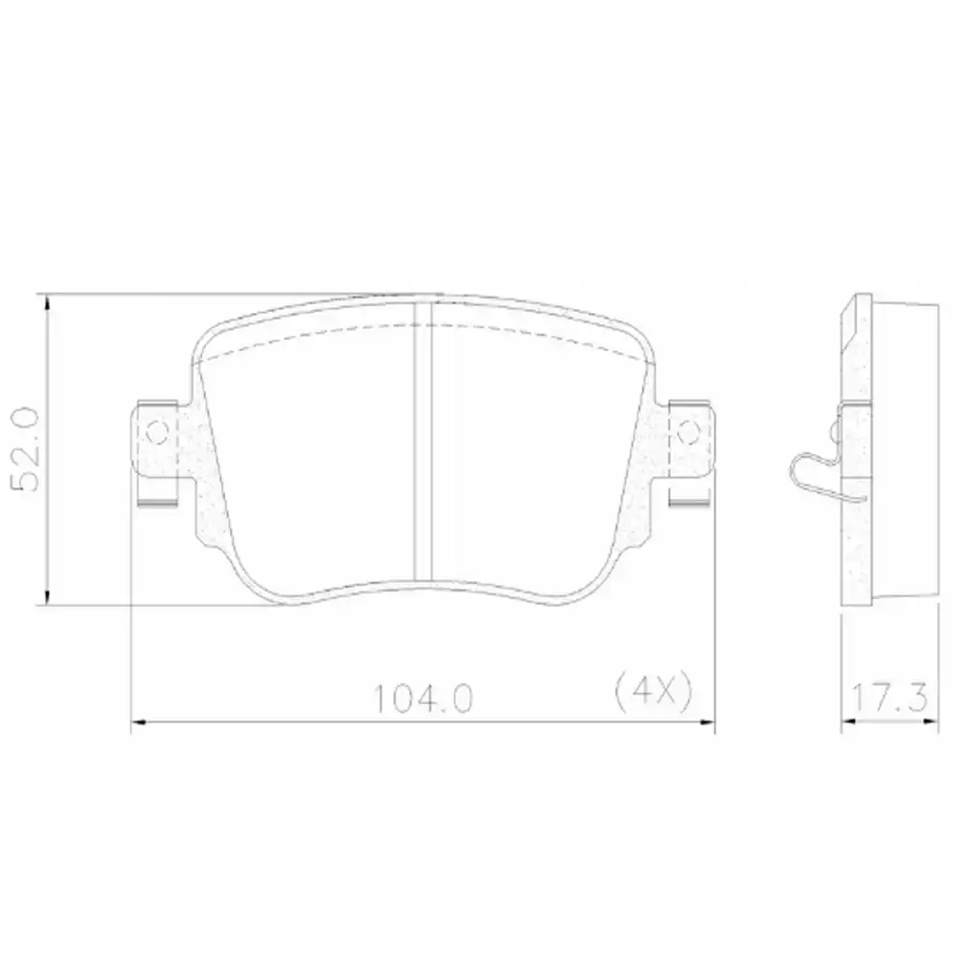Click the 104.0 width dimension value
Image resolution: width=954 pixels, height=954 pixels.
tap(423, 702)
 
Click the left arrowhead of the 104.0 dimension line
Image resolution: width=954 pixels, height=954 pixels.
tap(136, 724)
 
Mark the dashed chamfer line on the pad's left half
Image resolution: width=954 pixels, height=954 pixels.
tap(305, 339)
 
